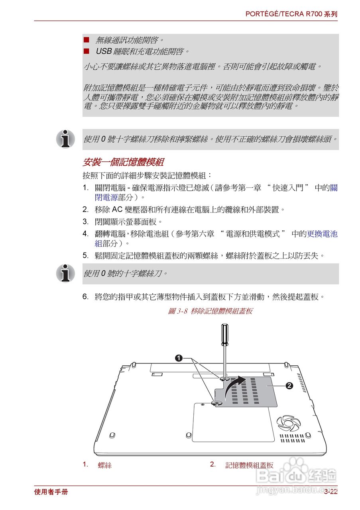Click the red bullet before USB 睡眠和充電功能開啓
(x=86, y=51)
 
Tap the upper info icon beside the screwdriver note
(x=65, y=139)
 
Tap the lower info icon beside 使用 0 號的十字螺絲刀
(x=65, y=273)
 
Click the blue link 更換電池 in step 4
(x=322, y=234)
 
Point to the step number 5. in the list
(x=86, y=255)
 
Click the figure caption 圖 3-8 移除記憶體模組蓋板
(x=210, y=311)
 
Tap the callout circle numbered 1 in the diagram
(x=179, y=358)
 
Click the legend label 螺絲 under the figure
(x=105, y=465)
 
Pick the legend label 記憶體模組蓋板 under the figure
(x=249, y=465)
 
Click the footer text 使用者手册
(x=51, y=492)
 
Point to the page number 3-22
(x=330, y=492)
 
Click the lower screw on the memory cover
(x=215, y=403)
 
